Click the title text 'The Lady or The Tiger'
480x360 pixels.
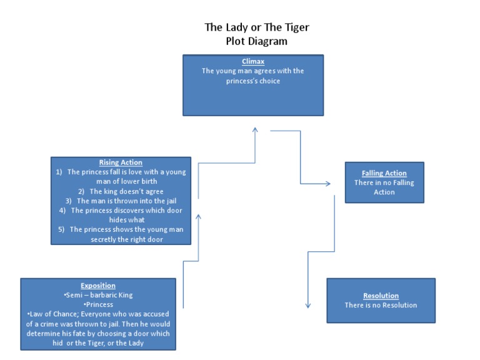[x=257, y=27]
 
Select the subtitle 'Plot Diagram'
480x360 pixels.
[x=257, y=41]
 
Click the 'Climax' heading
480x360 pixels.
[x=253, y=61]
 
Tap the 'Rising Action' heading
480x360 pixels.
[x=121, y=162]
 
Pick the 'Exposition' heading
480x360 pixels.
[x=98, y=286]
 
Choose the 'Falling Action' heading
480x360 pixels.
[x=384, y=173]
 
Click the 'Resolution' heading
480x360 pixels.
[x=381, y=296]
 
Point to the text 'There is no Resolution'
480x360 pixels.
[x=381, y=305]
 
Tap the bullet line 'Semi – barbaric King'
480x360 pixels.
[x=98, y=295]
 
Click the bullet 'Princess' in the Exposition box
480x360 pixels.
[x=98, y=304]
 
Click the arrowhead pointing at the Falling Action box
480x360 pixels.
[x=327, y=184]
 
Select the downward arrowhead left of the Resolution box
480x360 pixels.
[x=308, y=306]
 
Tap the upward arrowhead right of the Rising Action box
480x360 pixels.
[x=199, y=216]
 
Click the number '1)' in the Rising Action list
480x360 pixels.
[x=60, y=172]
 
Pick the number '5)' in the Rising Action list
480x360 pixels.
[x=62, y=229]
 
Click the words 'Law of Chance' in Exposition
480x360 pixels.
[x=51, y=314]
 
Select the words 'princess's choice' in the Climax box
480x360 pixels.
[x=253, y=81]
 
